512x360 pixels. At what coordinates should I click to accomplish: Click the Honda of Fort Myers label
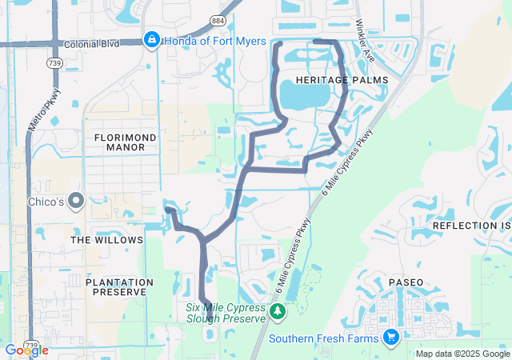point(215,41)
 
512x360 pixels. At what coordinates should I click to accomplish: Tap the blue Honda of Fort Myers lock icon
point(152,39)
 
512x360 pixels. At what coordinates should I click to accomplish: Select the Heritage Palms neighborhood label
point(341,80)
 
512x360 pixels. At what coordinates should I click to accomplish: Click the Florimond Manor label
point(125,142)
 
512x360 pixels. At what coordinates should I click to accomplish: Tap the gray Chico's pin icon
point(76,201)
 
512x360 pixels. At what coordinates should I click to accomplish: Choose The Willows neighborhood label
point(106,240)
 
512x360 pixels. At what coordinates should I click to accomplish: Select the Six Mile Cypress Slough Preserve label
point(225,313)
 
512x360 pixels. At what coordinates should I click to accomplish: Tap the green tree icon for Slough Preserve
point(277,311)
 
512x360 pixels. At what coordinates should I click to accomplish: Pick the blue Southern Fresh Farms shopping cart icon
point(391,337)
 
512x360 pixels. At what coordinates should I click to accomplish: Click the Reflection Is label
point(471,226)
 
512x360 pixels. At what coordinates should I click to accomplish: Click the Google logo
point(26,350)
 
